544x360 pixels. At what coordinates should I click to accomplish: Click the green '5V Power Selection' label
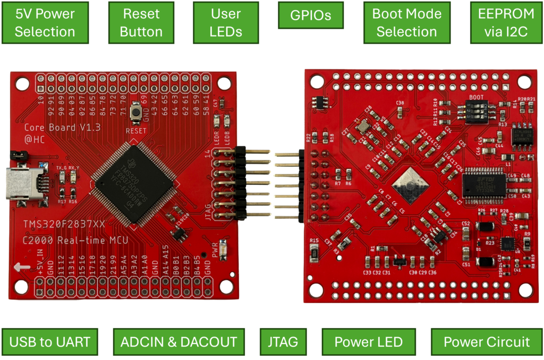coord(45,23)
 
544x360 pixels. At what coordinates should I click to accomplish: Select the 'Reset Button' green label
coord(141,23)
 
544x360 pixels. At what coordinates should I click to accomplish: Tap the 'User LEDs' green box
coord(226,23)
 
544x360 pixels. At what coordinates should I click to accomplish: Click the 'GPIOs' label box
coord(311,15)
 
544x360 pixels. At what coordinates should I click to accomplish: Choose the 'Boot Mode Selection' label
coord(406,23)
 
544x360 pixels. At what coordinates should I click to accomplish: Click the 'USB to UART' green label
coord(50,341)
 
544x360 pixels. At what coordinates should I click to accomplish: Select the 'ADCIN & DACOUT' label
coord(178,341)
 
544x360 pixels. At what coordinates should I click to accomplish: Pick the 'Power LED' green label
coord(368,341)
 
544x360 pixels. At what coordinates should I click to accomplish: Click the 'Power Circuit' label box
coord(487,341)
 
